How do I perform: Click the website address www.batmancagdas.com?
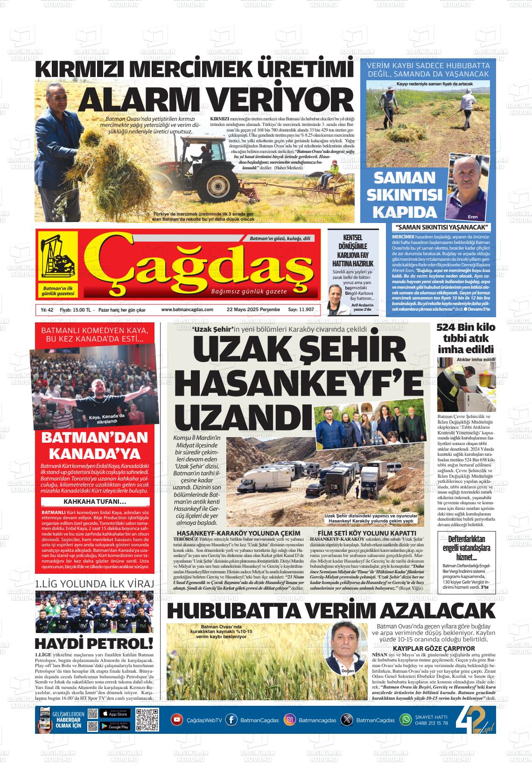pos(187,310)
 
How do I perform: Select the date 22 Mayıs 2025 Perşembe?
pos(253,310)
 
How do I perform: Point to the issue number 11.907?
pos(301,310)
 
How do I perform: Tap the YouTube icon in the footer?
pos(177,719)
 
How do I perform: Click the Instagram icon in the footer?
pos(290,719)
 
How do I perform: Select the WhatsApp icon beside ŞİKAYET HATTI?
pos(406,719)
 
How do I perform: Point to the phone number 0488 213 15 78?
pos(431,723)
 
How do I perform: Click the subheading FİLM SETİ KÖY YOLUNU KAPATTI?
pos(366,533)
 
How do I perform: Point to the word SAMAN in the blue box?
pos(405,178)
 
